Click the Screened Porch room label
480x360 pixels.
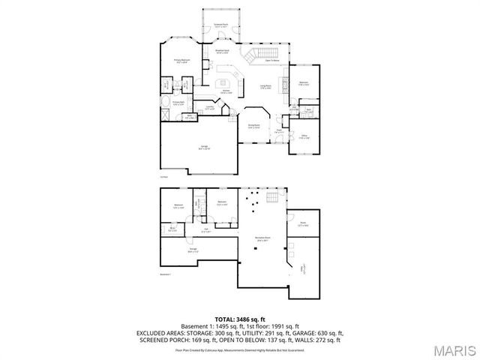click(220, 25)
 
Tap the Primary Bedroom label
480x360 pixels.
click(182, 61)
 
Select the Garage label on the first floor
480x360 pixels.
click(203, 147)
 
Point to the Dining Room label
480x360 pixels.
click(254, 126)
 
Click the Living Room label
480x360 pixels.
click(265, 87)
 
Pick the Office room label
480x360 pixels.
click(303, 136)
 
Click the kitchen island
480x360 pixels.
click(222, 80)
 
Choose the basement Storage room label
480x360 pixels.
click(193, 249)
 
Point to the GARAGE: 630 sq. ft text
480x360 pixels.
click(319, 333)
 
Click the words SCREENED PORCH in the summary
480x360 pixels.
click(160, 340)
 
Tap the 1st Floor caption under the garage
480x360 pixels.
click(163, 177)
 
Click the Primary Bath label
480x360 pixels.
click(178, 103)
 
